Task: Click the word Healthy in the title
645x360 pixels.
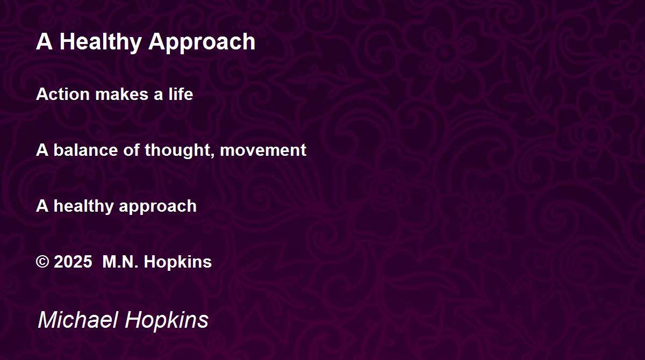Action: pyautogui.click(x=100, y=42)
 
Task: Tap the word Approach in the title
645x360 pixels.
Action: pyautogui.click(x=202, y=42)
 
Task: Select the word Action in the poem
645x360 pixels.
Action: pyautogui.click(x=63, y=94)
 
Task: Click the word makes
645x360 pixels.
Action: pyautogui.click(x=122, y=94)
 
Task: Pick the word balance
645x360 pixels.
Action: pyautogui.click(x=85, y=150)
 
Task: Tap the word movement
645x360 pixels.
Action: pyautogui.click(x=263, y=150)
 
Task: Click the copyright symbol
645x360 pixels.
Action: pyautogui.click(x=42, y=262)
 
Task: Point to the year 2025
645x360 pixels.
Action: pyautogui.click(x=73, y=262)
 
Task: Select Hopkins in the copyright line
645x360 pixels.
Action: pyautogui.click(x=178, y=262)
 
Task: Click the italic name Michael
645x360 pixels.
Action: pyautogui.click(x=78, y=320)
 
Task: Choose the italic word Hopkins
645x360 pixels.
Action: pyautogui.click(x=167, y=321)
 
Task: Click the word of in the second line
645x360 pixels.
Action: pyautogui.click(x=131, y=150)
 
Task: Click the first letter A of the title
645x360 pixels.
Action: pyautogui.click(x=44, y=41)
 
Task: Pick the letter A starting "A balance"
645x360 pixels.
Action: pyautogui.click(x=42, y=150)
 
